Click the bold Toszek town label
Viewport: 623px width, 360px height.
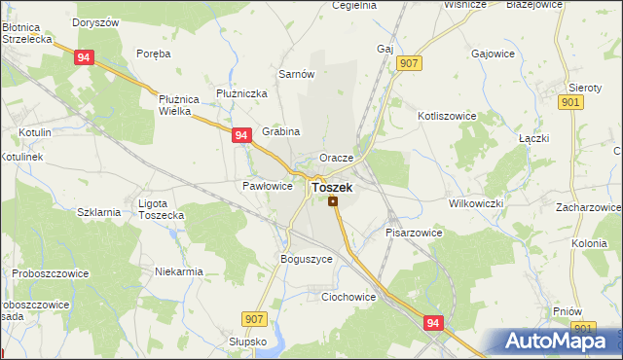[332, 187]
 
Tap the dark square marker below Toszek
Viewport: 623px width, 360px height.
[333, 201]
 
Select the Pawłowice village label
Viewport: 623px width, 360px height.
[267, 186]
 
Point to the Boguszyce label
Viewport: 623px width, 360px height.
[307, 260]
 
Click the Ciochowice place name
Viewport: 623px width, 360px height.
[348, 297]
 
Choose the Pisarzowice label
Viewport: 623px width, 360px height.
[414, 234]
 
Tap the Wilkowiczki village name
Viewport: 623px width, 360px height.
[475, 203]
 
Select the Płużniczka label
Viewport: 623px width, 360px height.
[242, 93]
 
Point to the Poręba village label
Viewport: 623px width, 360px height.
[154, 54]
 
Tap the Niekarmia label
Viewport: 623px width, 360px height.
[179, 271]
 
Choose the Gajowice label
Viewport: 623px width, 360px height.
[493, 55]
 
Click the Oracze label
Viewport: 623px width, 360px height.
[348, 158]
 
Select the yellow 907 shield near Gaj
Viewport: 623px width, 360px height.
[409, 64]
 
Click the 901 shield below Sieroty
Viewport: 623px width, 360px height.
[572, 102]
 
